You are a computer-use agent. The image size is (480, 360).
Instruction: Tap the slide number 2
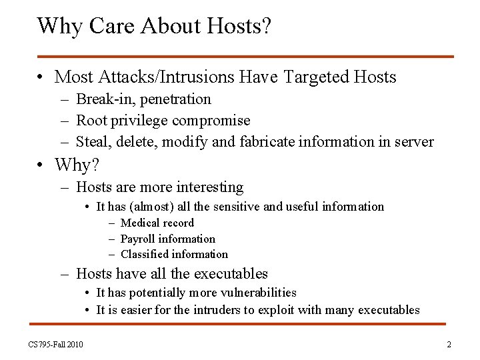point(449,345)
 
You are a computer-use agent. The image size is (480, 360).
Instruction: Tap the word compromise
point(211,121)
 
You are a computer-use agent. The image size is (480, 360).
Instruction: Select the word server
point(413,142)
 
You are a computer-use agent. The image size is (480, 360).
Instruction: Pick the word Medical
point(139,223)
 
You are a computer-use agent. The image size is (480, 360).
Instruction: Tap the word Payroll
point(138,239)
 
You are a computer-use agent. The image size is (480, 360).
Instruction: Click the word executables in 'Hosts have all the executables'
point(232,273)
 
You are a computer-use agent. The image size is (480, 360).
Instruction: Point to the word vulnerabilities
point(255,293)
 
